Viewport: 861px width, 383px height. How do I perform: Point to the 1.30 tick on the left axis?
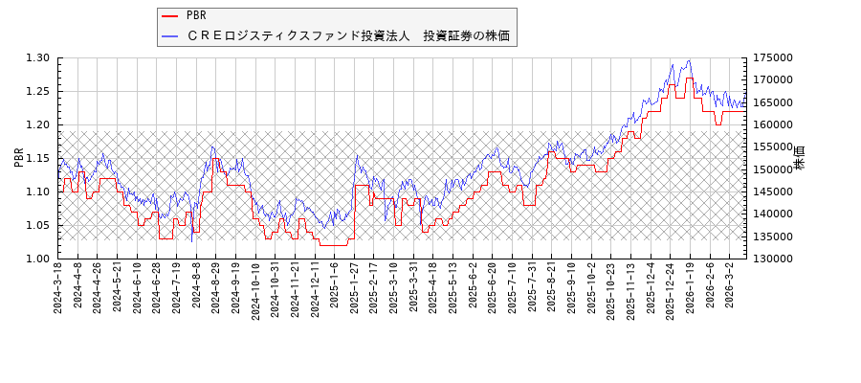click(x=38, y=57)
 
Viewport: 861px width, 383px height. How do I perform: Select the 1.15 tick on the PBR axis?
click(x=38, y=158)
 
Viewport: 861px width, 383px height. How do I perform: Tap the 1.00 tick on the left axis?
click(x=38, y=259)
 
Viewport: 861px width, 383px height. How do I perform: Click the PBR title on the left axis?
click(x=18, y=158)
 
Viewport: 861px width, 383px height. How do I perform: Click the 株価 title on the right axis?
click(x=801, y=158)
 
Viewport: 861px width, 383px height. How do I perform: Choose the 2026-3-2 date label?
click(x=730, y=286)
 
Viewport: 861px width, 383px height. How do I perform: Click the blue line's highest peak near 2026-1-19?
click(x=688, y=61)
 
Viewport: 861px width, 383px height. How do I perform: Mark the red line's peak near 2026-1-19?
click(x=689, y=79)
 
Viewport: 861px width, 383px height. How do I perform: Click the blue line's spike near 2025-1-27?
click(x=357, y=155)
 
